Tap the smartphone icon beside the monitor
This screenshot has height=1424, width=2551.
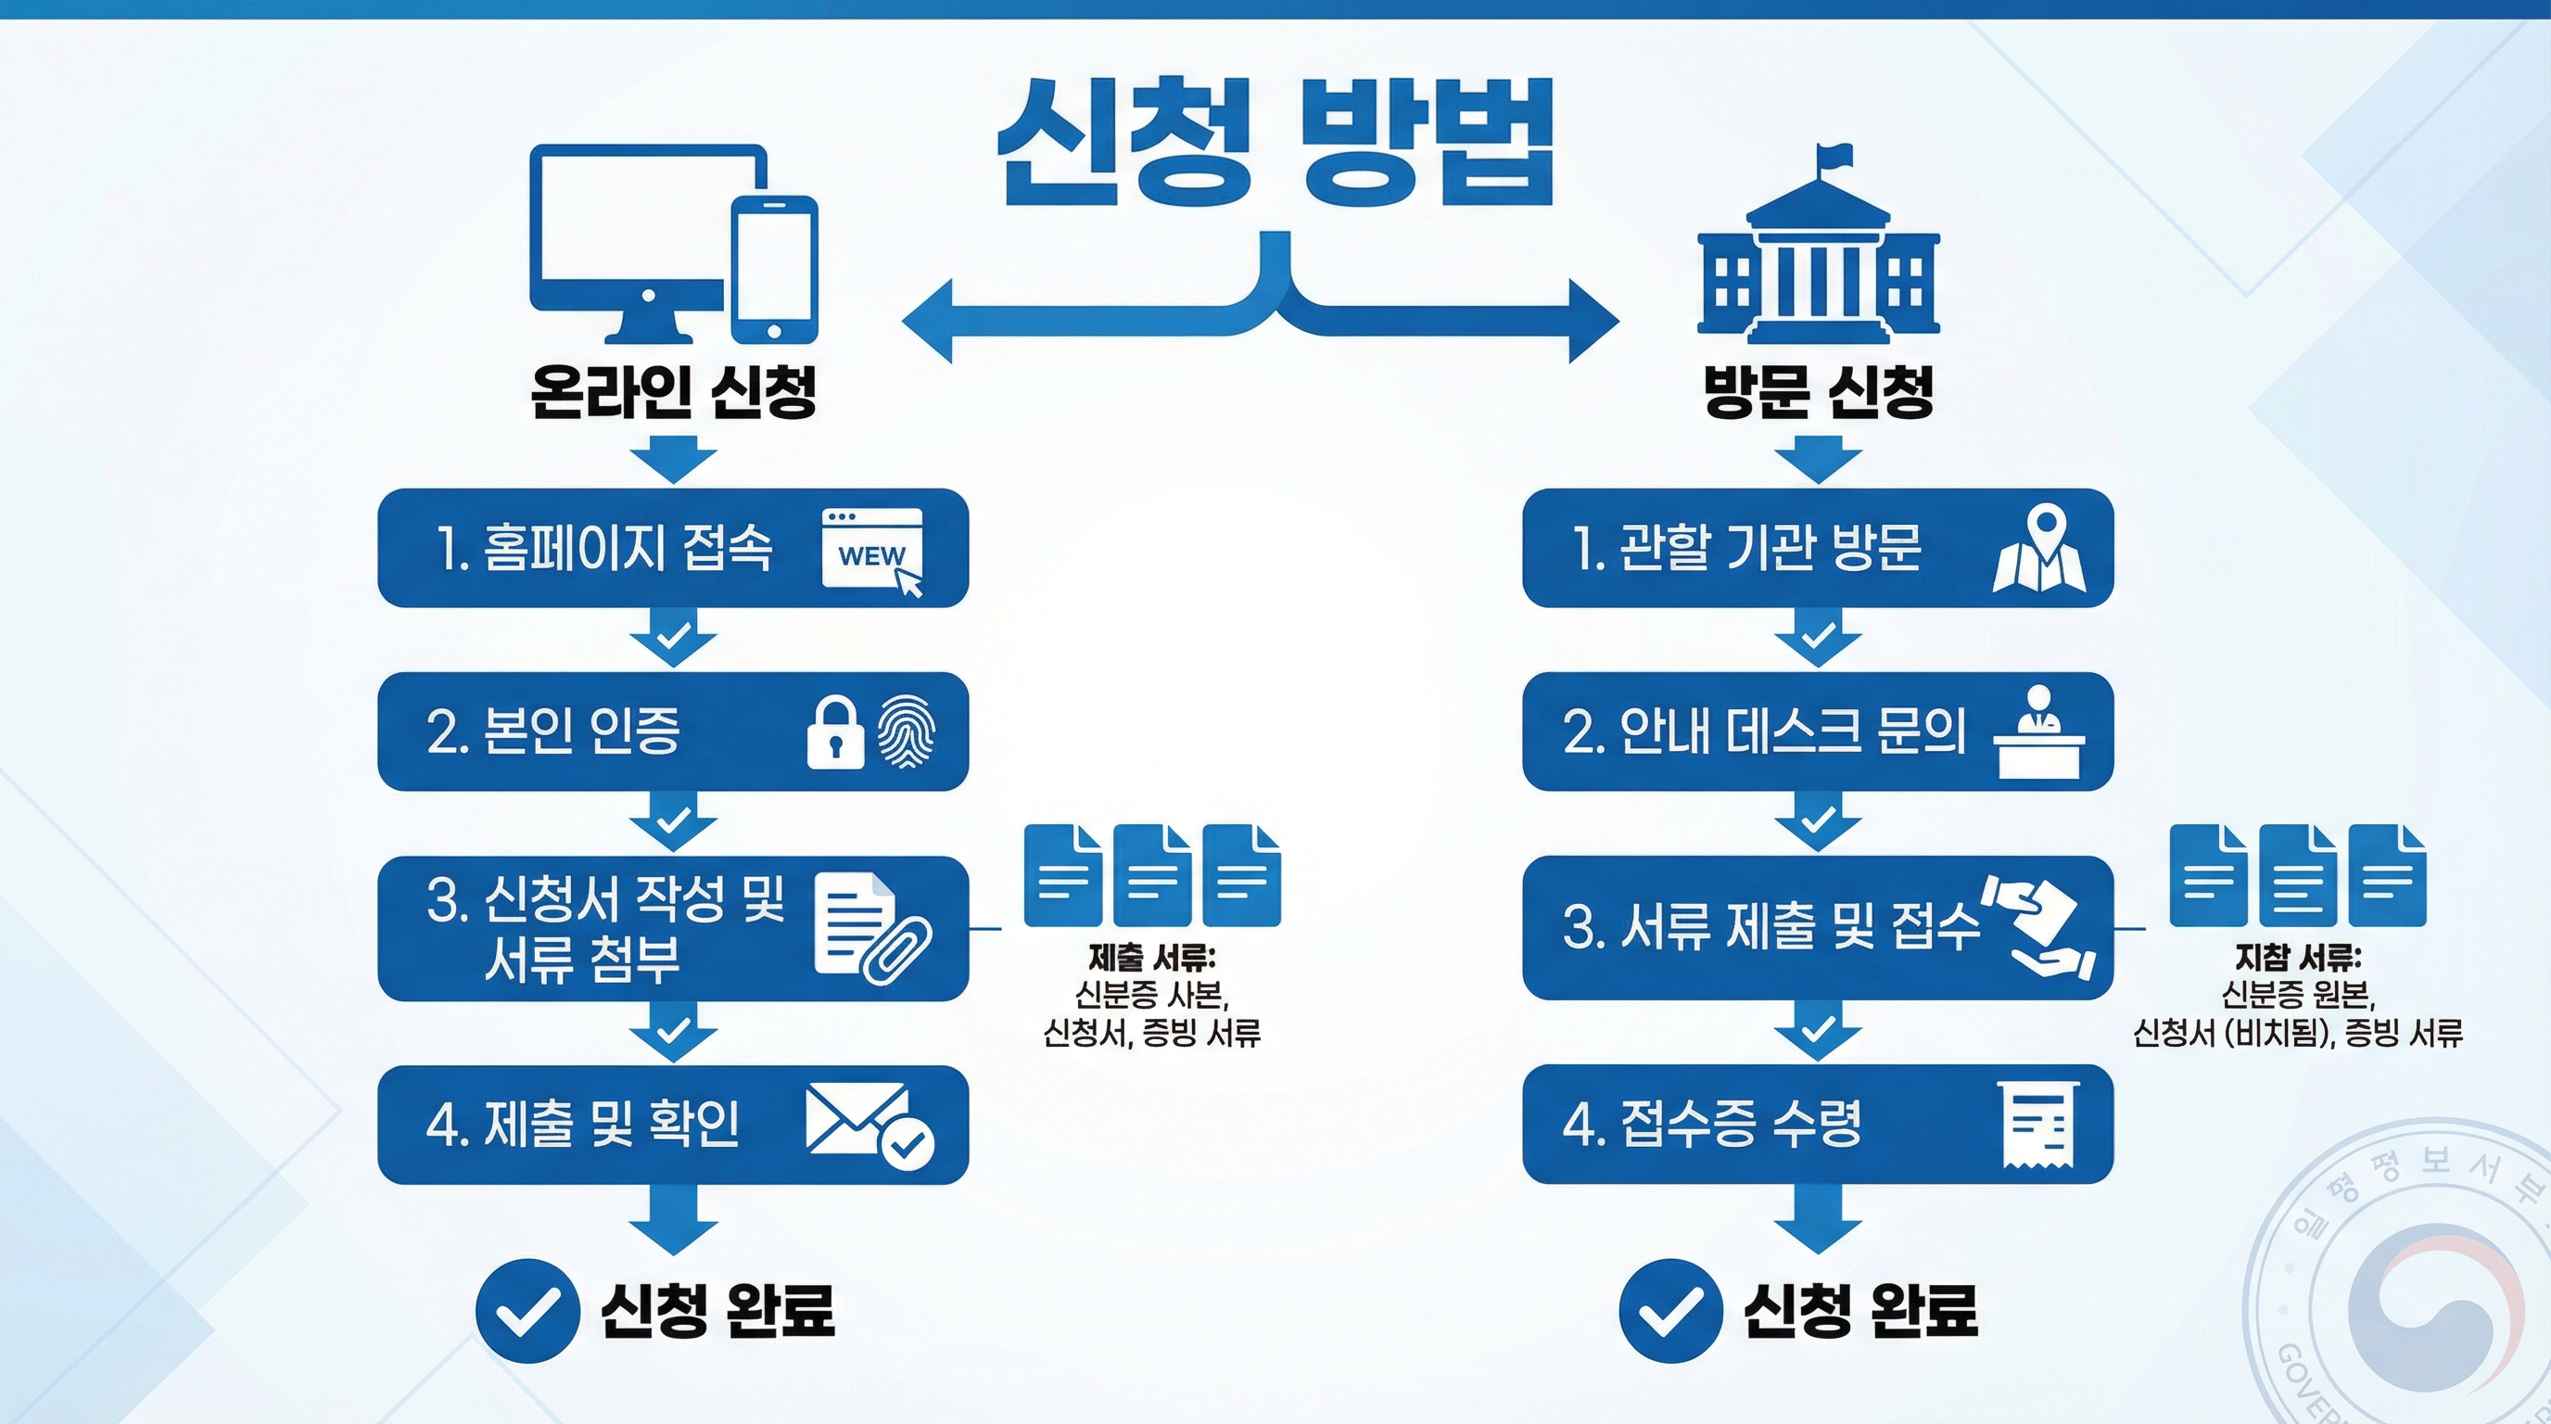[x=773, y=267]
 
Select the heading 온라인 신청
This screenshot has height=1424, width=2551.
[x=673, y=391]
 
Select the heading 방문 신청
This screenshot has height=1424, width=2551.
[x=1818, y=391]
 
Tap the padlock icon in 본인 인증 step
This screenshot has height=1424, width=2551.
[x=834, y=732]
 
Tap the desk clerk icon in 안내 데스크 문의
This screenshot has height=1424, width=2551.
[x=2038, y=731]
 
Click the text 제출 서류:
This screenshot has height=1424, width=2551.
[x=1151, y=958]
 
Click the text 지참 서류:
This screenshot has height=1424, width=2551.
[x=2298, y=958]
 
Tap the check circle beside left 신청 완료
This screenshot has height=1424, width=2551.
[x=527, y=1310]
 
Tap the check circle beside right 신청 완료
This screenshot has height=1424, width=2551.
[x=1670, y=1310]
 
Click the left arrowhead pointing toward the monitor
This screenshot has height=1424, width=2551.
[x=931, y=321]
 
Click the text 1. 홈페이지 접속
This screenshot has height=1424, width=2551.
[x=604, y=548]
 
